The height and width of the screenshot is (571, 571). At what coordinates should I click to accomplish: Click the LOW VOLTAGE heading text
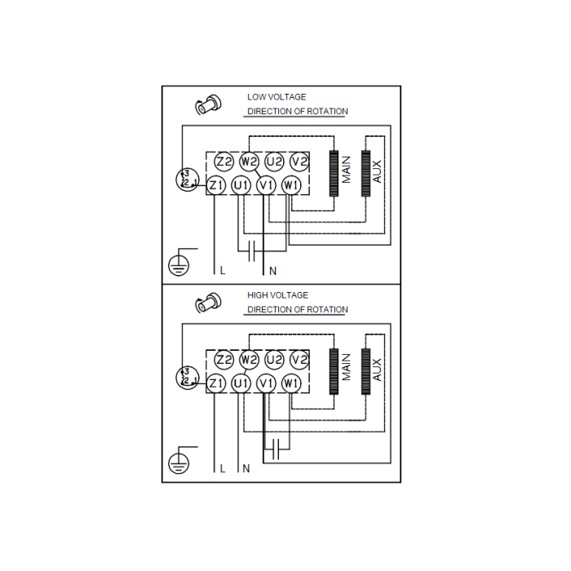coord(277,97)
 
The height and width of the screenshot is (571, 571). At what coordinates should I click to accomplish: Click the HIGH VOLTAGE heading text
coord(277,295)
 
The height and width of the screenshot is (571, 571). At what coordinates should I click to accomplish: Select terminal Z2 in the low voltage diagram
coord(224,162)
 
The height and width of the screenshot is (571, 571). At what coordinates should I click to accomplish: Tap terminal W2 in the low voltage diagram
coord(250,162)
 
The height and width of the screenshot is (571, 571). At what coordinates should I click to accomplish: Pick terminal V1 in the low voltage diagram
coord(266,186)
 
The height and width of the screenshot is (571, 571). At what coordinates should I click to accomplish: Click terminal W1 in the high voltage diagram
coord(291,383)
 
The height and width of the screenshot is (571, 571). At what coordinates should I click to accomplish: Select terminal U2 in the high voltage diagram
coord(275,359)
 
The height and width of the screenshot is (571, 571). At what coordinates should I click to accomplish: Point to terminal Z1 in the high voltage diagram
coord(216,383)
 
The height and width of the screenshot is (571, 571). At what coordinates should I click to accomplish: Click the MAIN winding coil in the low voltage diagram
coord(333,174)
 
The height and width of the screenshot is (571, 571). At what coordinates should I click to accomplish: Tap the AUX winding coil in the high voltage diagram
coord(365,371)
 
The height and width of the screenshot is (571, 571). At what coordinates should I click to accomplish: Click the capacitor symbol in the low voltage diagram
coord(252,246)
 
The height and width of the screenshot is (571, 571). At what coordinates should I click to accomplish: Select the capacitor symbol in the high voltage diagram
coord(278,445)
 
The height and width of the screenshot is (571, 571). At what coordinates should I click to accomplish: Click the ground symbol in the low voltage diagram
coord(179,263)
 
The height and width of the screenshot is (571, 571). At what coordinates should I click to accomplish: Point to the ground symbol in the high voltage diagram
coord(179,463)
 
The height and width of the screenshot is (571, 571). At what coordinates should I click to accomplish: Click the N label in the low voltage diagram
coord(273,270)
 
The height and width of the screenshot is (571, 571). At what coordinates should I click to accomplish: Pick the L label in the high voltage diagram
coord(222,469)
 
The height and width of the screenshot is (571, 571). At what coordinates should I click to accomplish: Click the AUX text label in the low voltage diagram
coord(377,170)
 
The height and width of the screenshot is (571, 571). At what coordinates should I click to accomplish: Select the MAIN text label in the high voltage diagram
coord(347,367)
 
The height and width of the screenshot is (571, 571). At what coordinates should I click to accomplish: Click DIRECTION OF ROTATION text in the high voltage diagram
coord(298,310)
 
